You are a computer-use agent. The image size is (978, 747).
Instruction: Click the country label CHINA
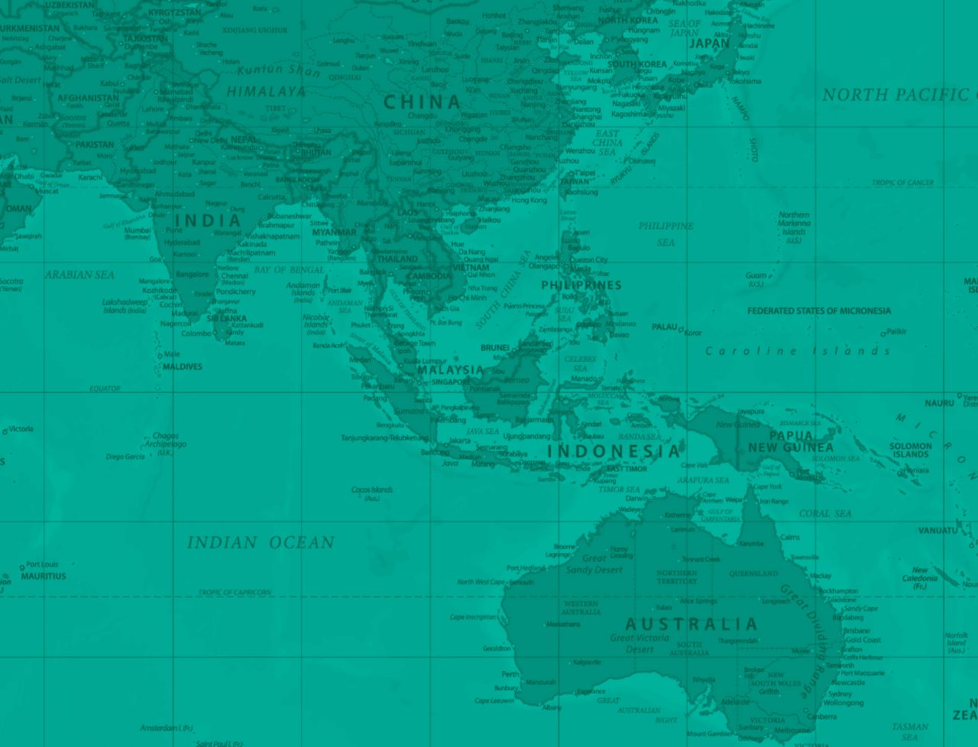pos(423,102)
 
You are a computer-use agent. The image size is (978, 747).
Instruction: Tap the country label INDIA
pos(209,221)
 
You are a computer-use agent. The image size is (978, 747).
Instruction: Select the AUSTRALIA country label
pos(691,624)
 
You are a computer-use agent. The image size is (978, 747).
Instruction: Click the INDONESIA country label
pos(613,451)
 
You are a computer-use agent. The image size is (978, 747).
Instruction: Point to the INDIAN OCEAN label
pos(261,543)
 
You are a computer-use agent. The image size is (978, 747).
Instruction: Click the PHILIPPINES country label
pos(581,285)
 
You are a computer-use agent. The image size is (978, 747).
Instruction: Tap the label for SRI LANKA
pos(227,318)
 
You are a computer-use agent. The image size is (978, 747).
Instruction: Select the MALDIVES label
pos(182,367)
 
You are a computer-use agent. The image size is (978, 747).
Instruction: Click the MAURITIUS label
pos(44,576)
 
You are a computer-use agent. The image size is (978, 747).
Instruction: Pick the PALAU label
pos(664,327)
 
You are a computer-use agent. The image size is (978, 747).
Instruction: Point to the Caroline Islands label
pos(798,351)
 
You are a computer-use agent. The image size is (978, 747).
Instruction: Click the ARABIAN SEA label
pos(79,274)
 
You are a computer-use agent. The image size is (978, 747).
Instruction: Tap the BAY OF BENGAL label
pos(290,270)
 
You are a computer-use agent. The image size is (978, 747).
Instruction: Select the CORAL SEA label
pos(825,514)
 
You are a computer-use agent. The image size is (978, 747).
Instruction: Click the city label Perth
pos(510,674)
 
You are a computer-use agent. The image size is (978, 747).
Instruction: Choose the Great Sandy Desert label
pos(594,564)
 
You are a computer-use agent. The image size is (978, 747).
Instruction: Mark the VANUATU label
pos(937,531)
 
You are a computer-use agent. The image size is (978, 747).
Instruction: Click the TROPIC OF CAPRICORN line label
pos(235,593)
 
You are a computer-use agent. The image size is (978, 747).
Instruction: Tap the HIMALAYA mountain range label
pos(265,92)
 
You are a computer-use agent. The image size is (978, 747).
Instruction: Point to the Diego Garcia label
pos(125,456)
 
